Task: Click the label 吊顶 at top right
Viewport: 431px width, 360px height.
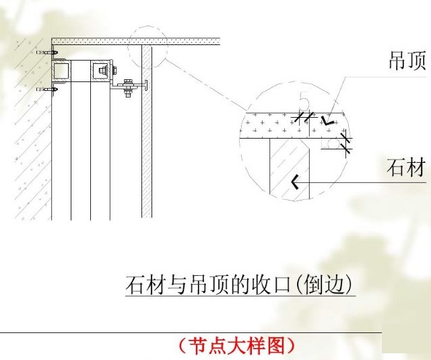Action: coord(407,63)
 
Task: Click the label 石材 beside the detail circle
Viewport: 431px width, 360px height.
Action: coord(406,167)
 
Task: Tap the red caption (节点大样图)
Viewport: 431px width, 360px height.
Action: coord(236,346)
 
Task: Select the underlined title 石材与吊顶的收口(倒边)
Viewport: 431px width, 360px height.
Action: coord(240,285)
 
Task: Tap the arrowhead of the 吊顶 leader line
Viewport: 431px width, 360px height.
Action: coord(329,122)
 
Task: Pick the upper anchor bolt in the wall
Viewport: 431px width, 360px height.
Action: coord(46,52)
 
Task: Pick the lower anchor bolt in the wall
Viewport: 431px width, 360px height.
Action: coord(46,87)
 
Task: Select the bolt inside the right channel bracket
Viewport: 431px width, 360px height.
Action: coord(101,69)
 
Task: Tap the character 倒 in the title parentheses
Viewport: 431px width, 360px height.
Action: coord(309,285)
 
